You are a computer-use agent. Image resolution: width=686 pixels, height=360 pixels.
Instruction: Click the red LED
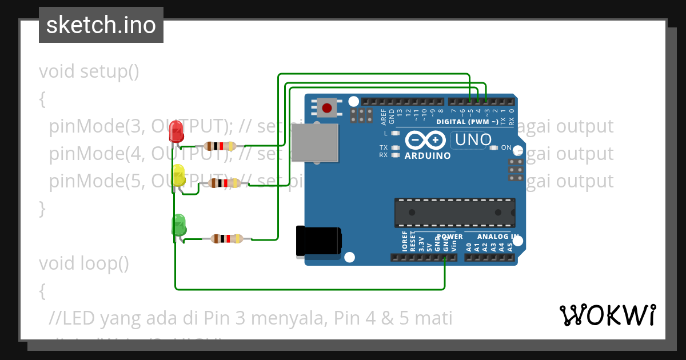pyautogui.click(x=177, y=131)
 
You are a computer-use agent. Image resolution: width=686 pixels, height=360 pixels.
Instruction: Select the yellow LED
pyautogui.click(x=178, y=175)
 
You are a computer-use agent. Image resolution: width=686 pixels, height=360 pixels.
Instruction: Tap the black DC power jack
pyautogui.click(x=318, y=241)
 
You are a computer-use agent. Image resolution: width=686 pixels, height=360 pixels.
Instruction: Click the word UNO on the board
pyautogui.click(x=472, y=139)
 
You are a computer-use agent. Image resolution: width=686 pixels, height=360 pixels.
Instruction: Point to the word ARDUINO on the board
pyautogui.click(x=427, y=155)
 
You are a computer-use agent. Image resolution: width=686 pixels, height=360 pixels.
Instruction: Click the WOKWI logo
pyautogui.click(x=607, y=315)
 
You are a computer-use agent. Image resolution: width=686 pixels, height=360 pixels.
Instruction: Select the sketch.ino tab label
pyautogui.click(x=101, y=25)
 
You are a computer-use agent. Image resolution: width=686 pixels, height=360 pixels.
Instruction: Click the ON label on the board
pyautogui.click(x=506, y=147)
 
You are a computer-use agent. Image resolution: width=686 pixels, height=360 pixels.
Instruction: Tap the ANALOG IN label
pyautogui.click(x=497, y=236)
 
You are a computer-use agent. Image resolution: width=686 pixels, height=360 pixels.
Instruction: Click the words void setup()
pyautogui.click(x=89, y=72)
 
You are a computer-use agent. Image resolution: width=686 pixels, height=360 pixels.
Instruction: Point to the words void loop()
pyautogui.click(x=84, y=263)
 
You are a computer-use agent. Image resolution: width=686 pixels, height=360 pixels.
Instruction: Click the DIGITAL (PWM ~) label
pyautogui.click(x=467, y=122)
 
